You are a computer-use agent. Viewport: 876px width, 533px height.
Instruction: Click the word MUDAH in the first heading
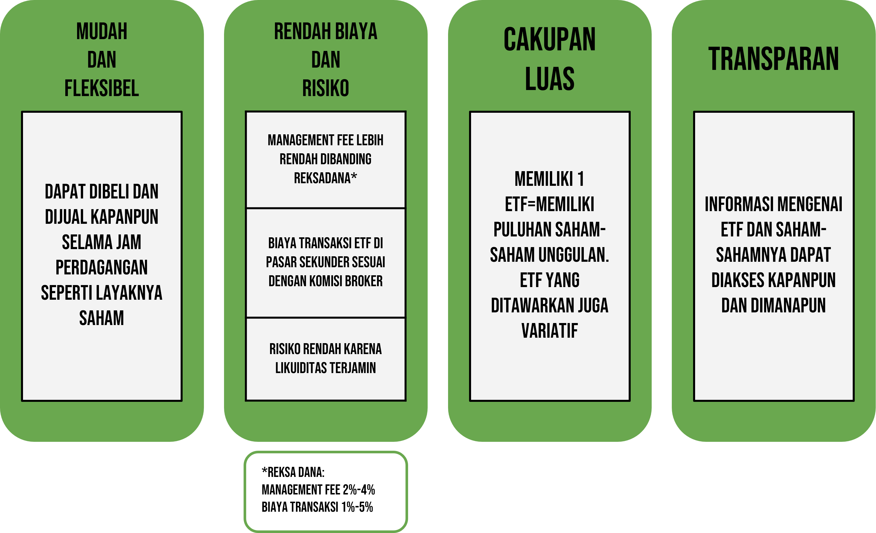[x=102, y=31]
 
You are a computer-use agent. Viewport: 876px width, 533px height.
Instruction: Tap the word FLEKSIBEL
[x=102, y=88]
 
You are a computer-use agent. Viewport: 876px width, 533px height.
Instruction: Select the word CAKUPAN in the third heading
[x=550, y=39]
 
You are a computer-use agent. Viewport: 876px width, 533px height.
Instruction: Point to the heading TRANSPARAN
[x=774, y=59]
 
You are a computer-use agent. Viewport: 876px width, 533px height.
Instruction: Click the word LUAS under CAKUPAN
[x=550, y=79]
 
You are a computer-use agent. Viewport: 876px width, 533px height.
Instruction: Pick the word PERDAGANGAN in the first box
[x=102, y=268]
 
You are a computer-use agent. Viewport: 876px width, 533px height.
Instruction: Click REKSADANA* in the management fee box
[x=326, y=178]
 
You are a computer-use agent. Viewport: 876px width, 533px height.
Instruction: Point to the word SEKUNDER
[x=325, y=262]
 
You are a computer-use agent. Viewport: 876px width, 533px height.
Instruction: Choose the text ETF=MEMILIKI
[x=550, y=205]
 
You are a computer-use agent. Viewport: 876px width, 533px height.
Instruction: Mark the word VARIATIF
[x=550, y=331]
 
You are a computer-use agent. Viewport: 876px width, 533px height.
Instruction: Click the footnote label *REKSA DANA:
[x=293, y=472]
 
